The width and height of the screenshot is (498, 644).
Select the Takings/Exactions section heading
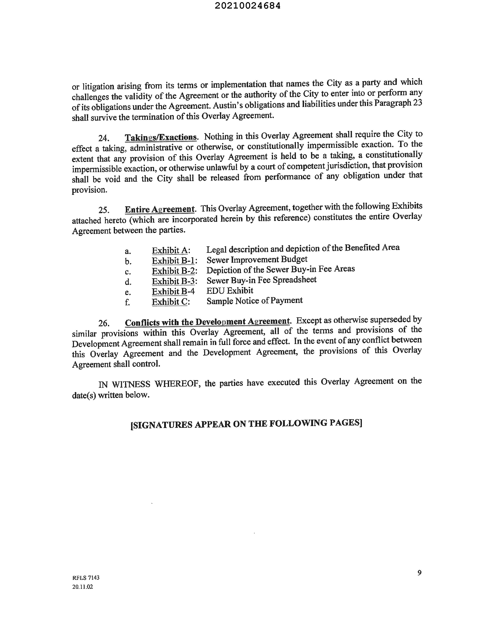[161, 137]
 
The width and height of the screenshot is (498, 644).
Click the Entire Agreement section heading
[160, 209]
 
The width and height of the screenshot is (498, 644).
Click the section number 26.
[104, 323]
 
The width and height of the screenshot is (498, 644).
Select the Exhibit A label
[171, 250]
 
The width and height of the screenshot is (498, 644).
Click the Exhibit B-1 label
[174, 261]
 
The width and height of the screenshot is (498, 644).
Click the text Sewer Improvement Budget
[257, 260]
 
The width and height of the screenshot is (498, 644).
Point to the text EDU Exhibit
[230, 291]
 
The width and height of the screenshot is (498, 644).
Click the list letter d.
[128, 282]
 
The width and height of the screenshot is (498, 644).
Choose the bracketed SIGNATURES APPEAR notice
[246, 424]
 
